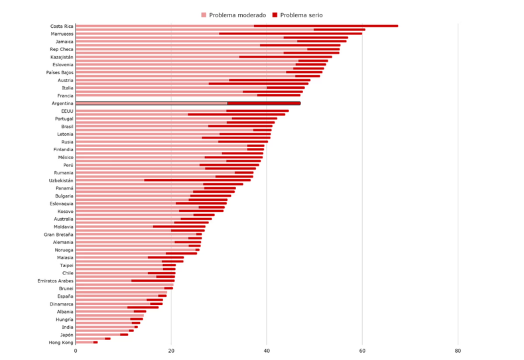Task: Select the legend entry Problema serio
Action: tap(301, 15)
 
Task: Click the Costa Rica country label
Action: tap(62, 27)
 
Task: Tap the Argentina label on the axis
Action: tap(62, 103)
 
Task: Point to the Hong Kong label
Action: tap(61, 343)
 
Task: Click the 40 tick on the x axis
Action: tap(267, 351)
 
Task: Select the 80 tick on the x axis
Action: tap(458, 351)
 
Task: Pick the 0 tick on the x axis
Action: tap(76, 351)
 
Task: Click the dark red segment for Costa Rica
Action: tap(326, 26)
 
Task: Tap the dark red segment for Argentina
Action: tap(263, 103)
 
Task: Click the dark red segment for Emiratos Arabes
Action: tap(153, 280)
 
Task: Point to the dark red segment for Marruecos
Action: tap(291, 33)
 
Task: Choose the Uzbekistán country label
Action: tap(61, 180)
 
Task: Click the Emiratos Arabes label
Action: tap(56, 280)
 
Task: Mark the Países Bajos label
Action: tap(60, 72)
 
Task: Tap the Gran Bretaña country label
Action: tap(58, 235)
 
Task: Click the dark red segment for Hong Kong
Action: tap(96, 342)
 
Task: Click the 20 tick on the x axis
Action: tap(171, 351)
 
